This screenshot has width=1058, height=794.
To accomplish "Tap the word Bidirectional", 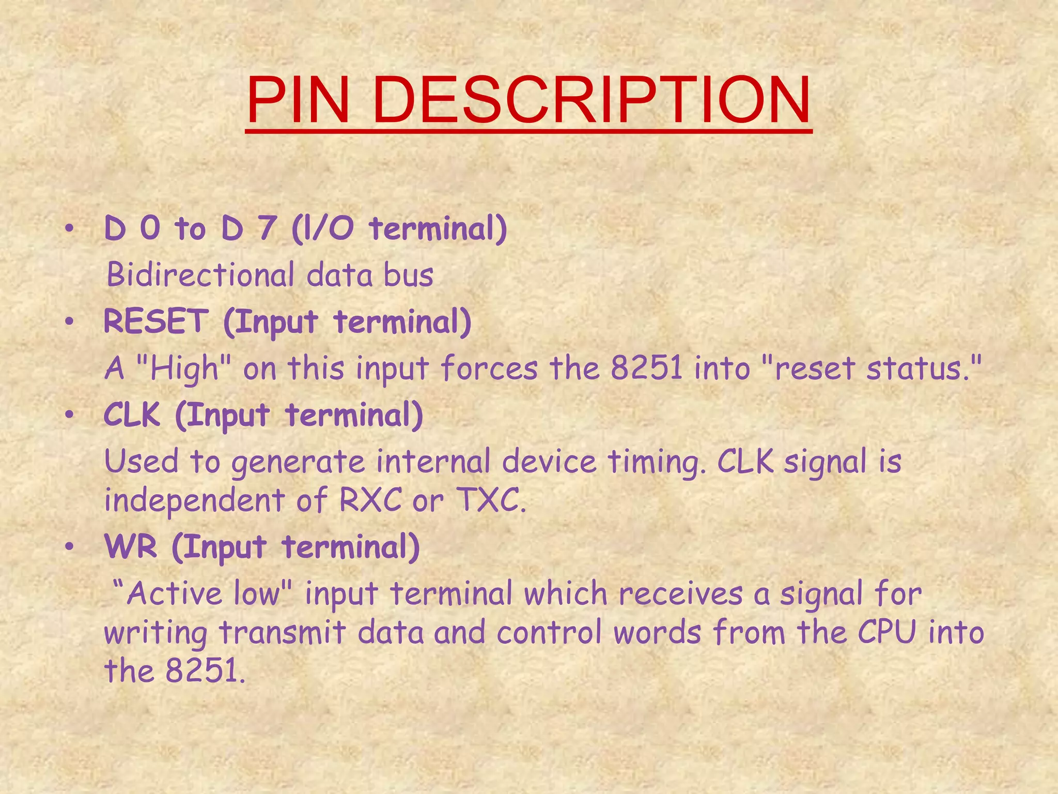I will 200,274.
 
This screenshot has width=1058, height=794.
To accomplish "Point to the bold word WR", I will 131,546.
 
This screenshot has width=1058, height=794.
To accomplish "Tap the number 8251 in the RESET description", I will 647,368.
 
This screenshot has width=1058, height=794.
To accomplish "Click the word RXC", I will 370,500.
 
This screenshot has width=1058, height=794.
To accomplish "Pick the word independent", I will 195,500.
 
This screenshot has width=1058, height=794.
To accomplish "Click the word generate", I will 298,462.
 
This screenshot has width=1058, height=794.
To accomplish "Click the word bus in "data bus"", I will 408,274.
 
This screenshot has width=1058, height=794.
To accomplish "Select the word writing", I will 155,633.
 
